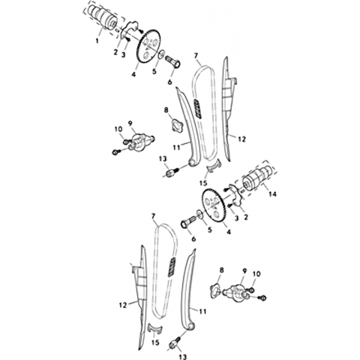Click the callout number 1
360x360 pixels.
click(x=97, y=40)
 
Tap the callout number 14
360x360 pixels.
click(x=272, y=193)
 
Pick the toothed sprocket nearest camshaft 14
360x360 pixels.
click(x=213, y=205)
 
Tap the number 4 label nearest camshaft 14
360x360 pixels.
click(x=228, y=232)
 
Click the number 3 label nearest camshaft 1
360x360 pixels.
click(x=123, y=55)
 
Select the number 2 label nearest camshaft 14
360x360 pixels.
click(x=246, y=217)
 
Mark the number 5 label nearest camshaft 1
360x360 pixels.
click(x=154, y=71)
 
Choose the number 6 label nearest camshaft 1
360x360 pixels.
click(x=170, y=82)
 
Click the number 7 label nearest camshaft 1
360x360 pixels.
click(x=196, y=55)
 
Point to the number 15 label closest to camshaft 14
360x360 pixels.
click(x=203, y=183)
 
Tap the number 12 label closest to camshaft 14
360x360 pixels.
click(x=241, y=139)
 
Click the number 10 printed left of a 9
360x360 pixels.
click(x=118, y=129)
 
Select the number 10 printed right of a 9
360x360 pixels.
click(x=256, y=274)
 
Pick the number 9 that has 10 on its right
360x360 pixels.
click(x=244, y=271)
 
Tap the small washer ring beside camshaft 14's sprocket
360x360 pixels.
click(x=199, y=213)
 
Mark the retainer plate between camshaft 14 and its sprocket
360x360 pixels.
click(x=235, y=195)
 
